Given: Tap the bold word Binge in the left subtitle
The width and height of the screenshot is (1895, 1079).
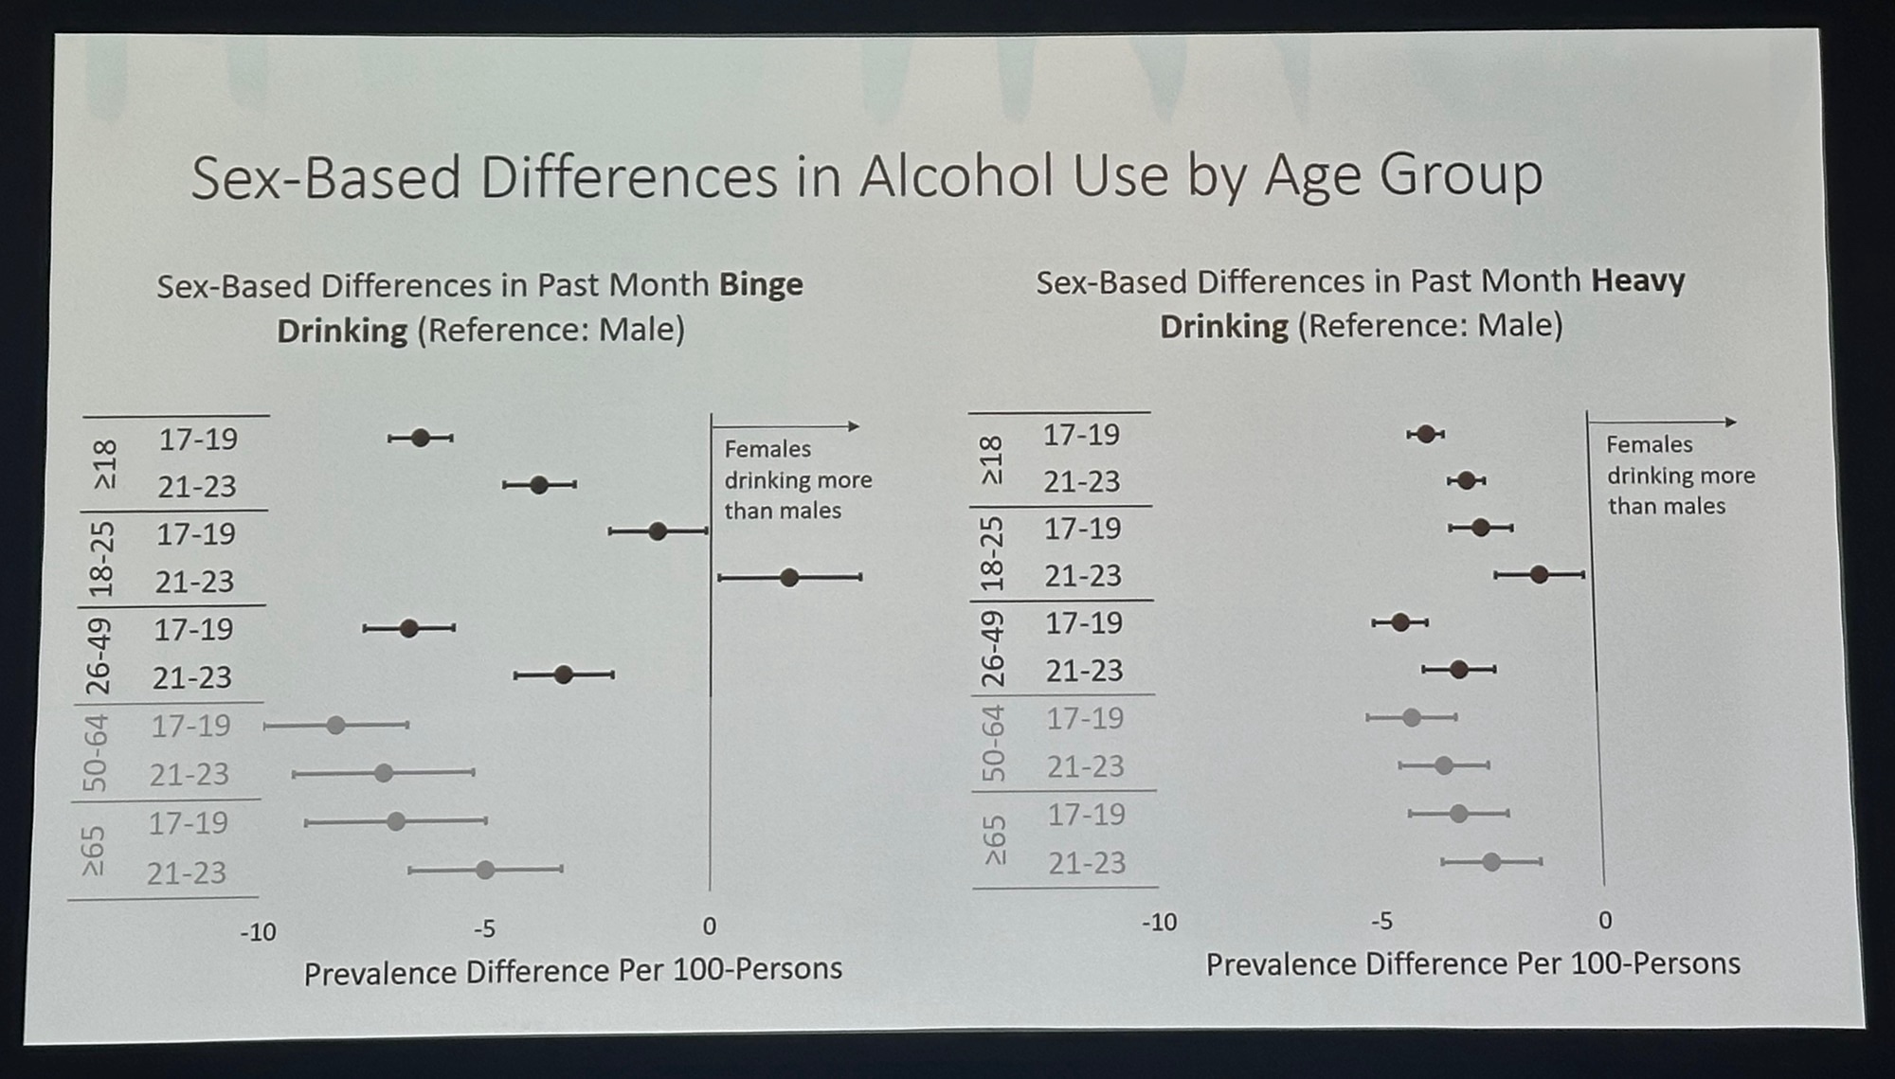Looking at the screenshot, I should (x=761, y=285).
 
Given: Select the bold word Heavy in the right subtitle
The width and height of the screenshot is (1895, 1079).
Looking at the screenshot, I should (x=1637, y=281).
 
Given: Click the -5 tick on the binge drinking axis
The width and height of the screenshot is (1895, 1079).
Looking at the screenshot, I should (x=483, y=928).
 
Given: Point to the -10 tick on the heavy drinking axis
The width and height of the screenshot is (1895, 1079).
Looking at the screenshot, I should (x=1158, y=922).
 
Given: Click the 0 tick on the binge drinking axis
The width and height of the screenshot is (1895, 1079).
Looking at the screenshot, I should (x=709, y=926).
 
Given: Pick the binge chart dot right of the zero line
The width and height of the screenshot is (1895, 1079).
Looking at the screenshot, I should (x=788, y=577).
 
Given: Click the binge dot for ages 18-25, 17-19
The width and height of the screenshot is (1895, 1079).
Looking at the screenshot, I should (x=658, y=531).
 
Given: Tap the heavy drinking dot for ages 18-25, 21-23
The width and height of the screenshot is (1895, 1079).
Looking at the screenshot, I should (x=1539, y=574).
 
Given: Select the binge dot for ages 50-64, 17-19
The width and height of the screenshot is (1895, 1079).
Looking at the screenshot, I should (x=335, y=726).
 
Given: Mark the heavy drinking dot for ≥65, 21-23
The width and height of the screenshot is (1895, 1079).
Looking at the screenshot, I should (x=1491, y=862).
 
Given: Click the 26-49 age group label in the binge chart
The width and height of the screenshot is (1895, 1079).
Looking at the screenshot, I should (x=99, y=656).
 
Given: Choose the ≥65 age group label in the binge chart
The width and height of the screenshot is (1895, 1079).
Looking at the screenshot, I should (x=93, y=851).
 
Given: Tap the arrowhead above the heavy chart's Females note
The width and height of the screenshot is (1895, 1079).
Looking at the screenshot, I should (x=1731, y=422).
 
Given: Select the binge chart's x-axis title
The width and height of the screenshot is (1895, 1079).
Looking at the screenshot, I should (x=572, y=971).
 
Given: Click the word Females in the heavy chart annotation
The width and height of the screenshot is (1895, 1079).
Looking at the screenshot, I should (x=1649, y=444).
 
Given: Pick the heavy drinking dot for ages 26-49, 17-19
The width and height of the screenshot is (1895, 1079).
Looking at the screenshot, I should (x=1400, y=622).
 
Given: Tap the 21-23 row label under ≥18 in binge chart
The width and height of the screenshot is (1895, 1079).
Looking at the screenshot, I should (x=197, y=487).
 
